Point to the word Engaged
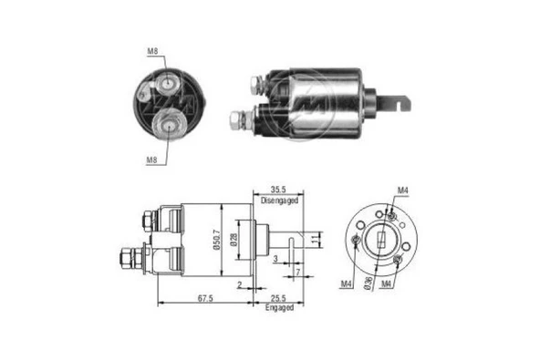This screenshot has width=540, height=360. pyautogui.click(x=279, y=308)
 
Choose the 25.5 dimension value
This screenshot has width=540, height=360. pyautogui.click(x=279, y=298)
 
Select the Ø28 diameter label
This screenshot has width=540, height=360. pyautogui.click(x=234, y=241)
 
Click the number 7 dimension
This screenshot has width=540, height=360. pyautogui.click(x=297, y=273)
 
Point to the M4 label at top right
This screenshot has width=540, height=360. pyautogui.click(x=402, y=190)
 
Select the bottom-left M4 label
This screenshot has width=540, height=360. pyautogui.click(x=347, y=285)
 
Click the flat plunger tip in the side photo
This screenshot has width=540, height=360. pyautogui.click(x=400, y=102)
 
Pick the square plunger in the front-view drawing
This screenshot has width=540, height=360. pyautogui.click(x=378, y=242)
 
